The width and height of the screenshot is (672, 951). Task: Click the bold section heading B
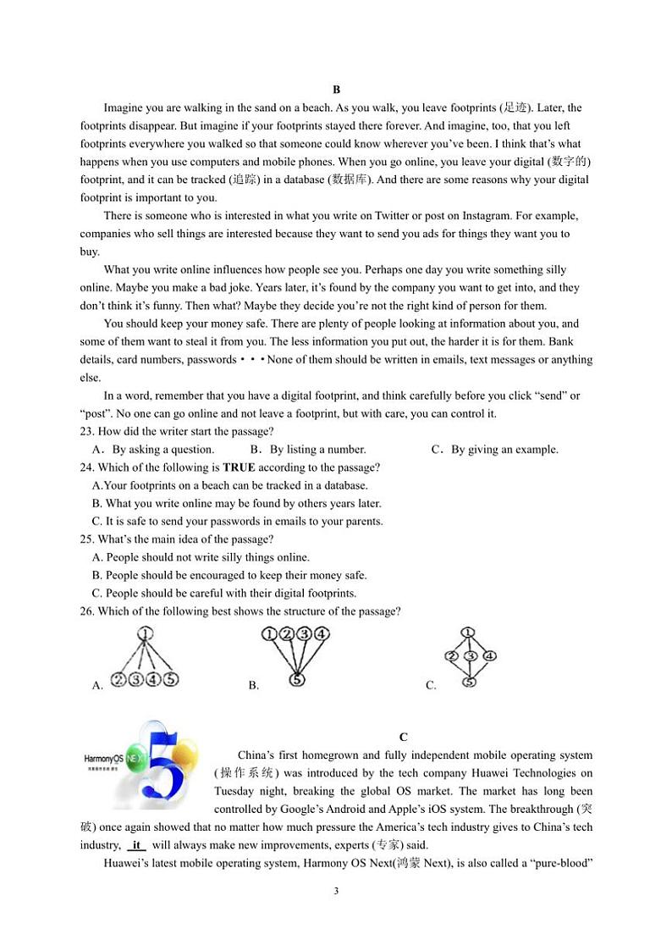tap(336, 90)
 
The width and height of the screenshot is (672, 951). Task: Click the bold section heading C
tap(404, 737)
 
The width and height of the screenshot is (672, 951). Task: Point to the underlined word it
tap(137, 845)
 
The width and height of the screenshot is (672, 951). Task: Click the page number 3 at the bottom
tap(336, 891)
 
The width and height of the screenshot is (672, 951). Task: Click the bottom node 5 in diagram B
tap(296, 679)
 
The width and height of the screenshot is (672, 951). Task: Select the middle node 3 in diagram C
tap(471, 655)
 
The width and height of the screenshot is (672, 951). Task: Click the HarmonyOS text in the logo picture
tap(104, 759)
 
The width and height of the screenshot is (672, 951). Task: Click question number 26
tap(87, 611)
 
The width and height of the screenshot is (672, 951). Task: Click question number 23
tap(87, 432)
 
